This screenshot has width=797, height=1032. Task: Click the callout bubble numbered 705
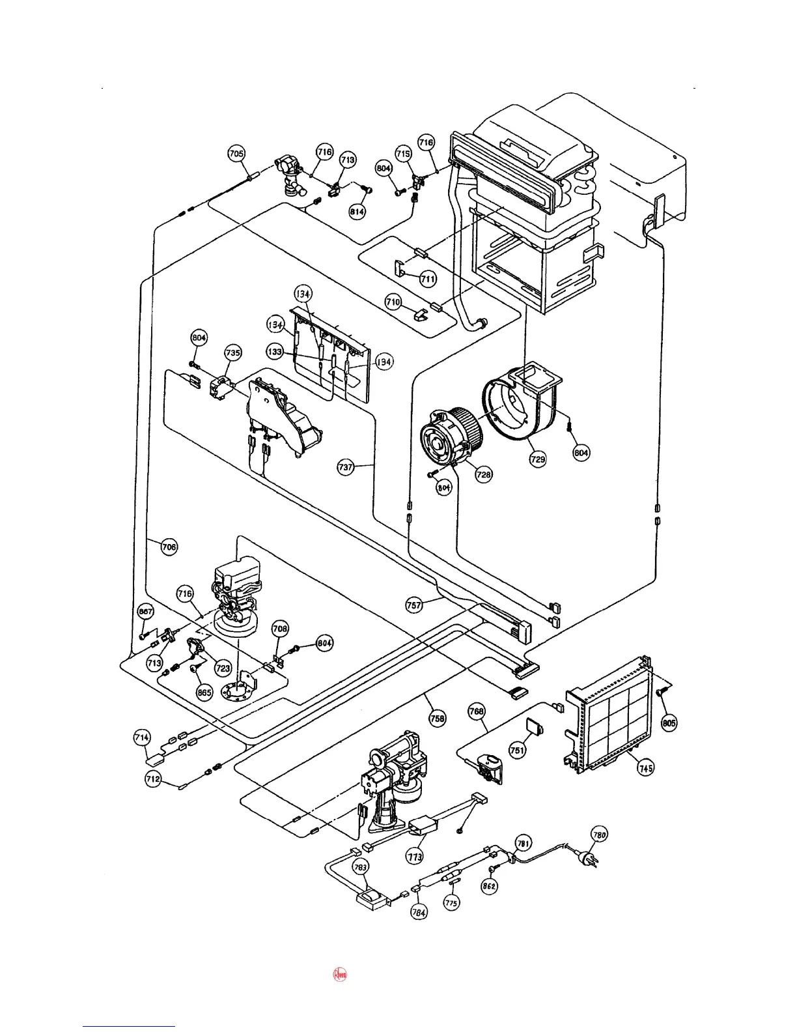[x=236, y=154]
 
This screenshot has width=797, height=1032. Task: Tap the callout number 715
[x=403, y=154]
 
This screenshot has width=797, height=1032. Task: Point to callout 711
[x=428, y=279]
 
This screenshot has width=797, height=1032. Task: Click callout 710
[x=393, y=302]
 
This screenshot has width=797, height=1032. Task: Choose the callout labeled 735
[x=232, y=352]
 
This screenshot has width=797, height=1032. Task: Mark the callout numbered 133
[x=275, y=352]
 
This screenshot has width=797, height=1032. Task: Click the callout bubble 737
[x=346, y=466]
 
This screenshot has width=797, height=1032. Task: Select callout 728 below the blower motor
[x=484, y=475]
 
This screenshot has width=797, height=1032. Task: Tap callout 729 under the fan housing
[x=537, y=459]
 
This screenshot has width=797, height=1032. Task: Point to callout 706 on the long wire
[x=169, y=547]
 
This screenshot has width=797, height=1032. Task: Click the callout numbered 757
[x=414, y=605]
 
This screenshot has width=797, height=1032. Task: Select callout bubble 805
[x=669, y=723]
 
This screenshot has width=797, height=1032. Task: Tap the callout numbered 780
[x=599, y=834]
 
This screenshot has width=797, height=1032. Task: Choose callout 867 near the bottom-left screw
[x=146, y=612]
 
